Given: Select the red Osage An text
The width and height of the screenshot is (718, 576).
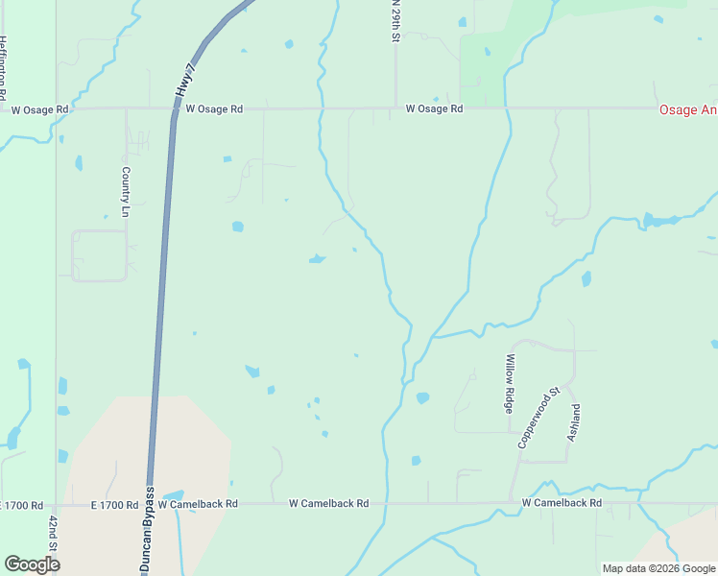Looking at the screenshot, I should (687, 110).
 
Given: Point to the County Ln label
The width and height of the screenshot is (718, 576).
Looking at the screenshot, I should (126, 190).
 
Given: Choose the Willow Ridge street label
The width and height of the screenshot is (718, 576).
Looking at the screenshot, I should (511, 383).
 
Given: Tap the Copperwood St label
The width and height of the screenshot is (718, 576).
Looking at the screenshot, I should (538, 418).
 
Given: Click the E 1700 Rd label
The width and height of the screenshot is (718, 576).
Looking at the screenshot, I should (21, 504).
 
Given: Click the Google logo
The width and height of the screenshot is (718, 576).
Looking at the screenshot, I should (32, 564).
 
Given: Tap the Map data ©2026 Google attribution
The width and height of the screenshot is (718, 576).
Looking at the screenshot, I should (658, 568).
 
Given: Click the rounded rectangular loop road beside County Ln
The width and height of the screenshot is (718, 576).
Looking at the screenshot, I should (99, 255).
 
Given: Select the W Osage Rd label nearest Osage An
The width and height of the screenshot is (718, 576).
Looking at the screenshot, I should (434, 109).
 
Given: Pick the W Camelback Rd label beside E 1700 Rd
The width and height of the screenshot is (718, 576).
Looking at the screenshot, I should (197, 504).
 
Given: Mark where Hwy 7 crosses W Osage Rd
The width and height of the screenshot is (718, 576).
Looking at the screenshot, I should (174, 109).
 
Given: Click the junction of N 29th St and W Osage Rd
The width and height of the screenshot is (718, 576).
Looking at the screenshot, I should (395, 108).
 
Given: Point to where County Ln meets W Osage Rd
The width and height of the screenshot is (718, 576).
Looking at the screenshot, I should (126, 109).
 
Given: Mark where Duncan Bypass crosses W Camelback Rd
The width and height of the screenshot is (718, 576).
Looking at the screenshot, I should (149, 503).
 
